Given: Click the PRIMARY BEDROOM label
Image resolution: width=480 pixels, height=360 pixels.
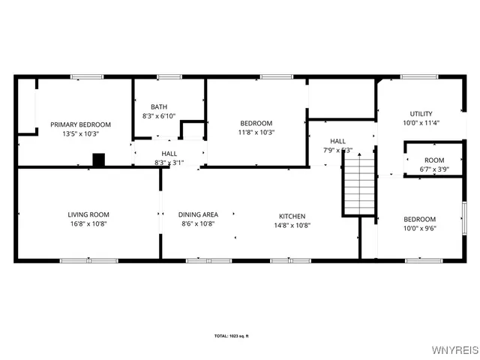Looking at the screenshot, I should click(x=80, y=124).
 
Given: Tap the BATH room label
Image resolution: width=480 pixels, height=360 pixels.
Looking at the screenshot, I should click(x=159, y=106).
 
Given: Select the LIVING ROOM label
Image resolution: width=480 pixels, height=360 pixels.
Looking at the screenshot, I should click(x=88, y=214).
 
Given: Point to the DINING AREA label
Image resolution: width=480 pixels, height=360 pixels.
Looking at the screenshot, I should click(x=199, y=214).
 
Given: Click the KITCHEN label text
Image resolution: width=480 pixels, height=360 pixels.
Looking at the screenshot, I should click(x=292, y=214).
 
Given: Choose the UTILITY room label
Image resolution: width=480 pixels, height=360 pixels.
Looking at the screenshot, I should click(x=420, y=114).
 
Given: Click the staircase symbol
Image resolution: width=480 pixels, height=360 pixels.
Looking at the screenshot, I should click(x=358, y=184).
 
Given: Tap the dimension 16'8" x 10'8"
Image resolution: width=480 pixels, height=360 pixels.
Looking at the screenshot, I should click(x=88, y=223).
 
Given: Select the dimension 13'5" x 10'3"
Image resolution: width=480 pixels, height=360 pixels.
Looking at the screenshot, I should click(x=80, y=133).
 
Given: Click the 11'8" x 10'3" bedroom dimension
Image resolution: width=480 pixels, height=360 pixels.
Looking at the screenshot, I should click(x=256, y=132).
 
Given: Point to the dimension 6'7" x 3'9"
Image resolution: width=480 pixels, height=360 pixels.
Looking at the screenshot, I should click(x=433, y=169).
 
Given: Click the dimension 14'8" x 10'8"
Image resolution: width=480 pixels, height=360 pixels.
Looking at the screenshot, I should click(x=292, y=223).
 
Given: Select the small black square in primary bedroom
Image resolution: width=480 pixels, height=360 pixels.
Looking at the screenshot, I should click(x=98, y=159).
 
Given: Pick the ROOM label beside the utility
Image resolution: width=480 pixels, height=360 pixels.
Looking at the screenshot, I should click(x=433, y=160).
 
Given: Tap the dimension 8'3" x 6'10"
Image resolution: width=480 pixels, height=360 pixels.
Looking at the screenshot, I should click(x=159, y=115).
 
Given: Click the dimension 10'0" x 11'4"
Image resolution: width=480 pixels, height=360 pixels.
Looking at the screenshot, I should click(x=420, y=123).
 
